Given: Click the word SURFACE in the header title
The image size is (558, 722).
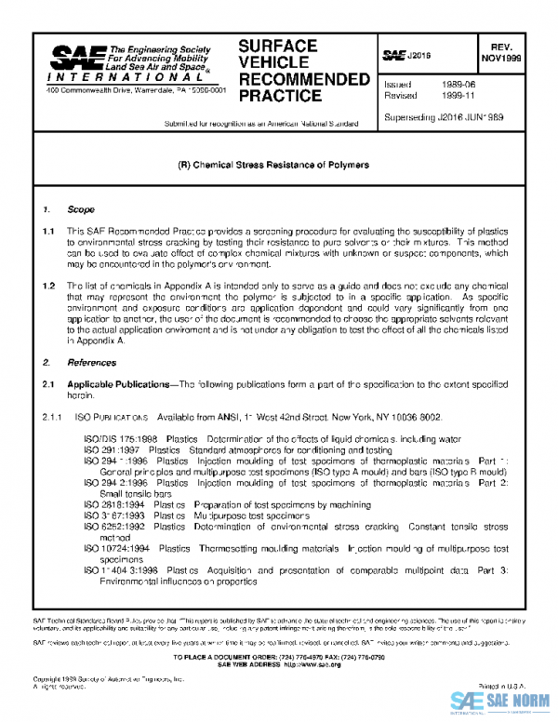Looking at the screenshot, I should point(278,46).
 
